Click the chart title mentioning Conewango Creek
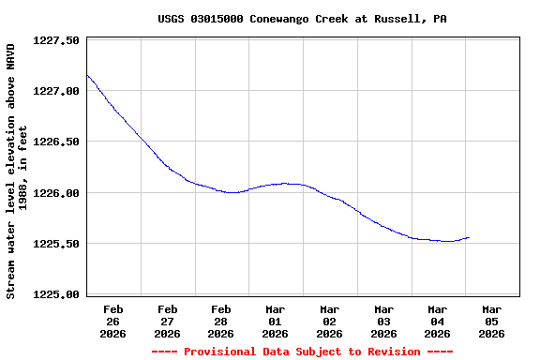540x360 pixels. [x=302, y=19]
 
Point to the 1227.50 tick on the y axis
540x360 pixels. [x=56, y=40]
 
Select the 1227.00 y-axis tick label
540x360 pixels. [x=56, y=91]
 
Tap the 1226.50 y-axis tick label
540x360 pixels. [x=56, y=142]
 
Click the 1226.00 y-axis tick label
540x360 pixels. [x=56, y=193]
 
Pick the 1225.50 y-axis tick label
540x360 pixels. [x=56, y=244]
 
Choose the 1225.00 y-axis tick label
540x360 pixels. [x=56, y=294]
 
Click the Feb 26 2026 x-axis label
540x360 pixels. [x=113, y=321]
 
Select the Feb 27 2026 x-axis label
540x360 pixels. [x=168, y=321]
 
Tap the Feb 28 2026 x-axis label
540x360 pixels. [x=221, y=321]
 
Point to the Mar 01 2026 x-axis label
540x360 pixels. [x=276, y=321]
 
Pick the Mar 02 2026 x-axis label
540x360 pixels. [x=330, y=321]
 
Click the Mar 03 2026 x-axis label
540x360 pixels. [x=383, y=321]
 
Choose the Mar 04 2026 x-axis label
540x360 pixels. [x=438, y=321]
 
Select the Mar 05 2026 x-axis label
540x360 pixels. [x=491, y=321]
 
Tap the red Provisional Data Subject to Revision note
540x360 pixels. [x=302, y=352]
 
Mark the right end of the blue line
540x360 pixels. [x=469, y=237]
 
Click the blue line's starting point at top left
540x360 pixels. [x=87, y=75]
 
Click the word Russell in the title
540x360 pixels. [x=396, y=19]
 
